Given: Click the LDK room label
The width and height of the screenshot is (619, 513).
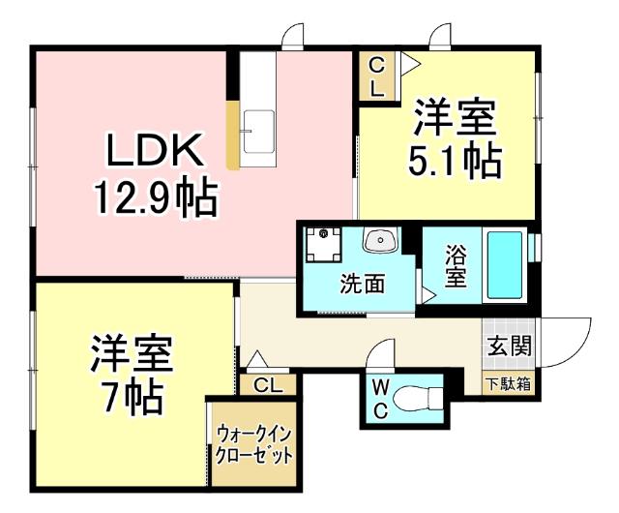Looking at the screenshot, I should pos(153,152).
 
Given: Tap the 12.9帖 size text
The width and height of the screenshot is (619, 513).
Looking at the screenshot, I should pos(153,197).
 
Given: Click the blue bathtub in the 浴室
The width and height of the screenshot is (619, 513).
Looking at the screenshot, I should pos(504,264).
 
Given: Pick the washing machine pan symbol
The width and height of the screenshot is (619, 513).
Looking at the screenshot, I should pos(323,245).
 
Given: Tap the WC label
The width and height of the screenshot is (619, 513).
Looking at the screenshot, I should pos(381,400).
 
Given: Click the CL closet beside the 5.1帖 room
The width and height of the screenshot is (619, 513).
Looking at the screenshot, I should pos(376,77).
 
